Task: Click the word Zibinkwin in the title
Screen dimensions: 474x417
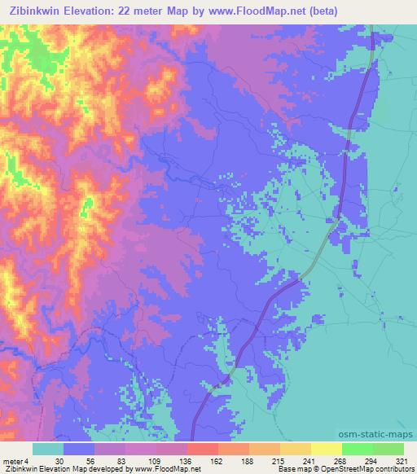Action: [x=42, y=10]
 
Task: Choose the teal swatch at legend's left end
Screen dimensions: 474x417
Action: [x=48, y=449]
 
